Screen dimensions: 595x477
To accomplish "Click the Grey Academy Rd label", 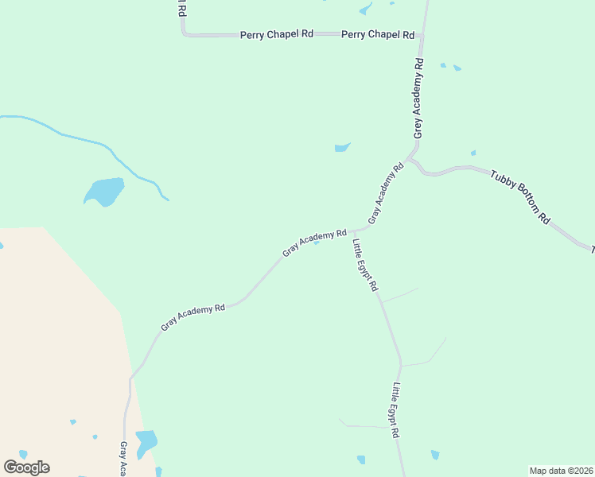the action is [x=418, y=99].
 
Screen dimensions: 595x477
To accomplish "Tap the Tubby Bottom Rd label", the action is [x=520, y=196].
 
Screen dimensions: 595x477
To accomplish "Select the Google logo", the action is [x=26, y=467].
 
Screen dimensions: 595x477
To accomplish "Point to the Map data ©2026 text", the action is [x=561, y=471].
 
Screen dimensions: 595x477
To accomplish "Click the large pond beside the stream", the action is [x=105, y=192].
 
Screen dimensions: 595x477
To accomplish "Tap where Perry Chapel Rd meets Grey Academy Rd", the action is [x=422, y=35].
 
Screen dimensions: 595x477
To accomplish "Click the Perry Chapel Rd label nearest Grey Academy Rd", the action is [x=378, y=35].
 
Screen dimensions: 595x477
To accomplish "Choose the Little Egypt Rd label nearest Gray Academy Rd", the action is [x=365, y=265].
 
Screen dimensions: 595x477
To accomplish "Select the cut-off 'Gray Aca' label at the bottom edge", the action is [x=124, y=459].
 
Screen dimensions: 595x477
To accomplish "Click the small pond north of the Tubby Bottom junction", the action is [x=342, y=147].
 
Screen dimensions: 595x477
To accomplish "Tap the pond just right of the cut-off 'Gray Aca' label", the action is [x=146, y=441].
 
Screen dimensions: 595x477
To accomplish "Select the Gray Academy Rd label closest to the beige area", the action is [x=193, y=316].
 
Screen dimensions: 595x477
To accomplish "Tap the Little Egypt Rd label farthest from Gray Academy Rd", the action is [x=395, y=410].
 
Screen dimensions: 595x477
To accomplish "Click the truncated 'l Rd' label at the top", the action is [x=181, y=8].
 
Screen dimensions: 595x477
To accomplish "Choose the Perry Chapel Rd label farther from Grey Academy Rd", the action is [x=277, y=35].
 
